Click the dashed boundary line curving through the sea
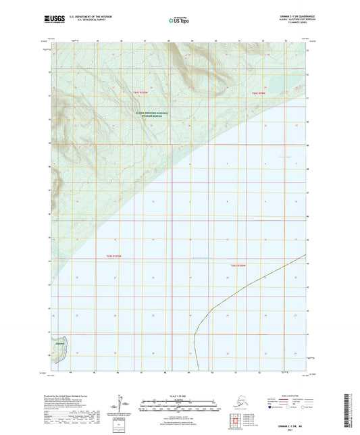tap(223, 302)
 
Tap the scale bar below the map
tap(178, 407)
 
